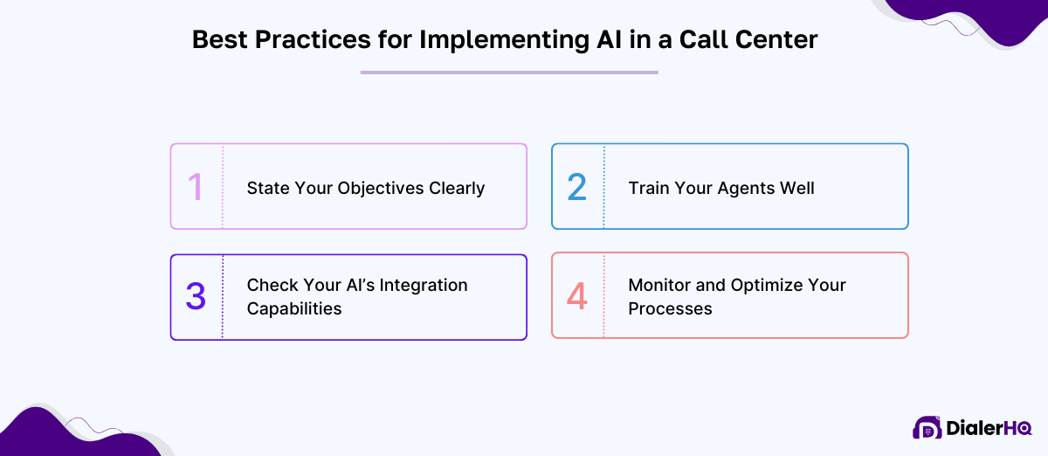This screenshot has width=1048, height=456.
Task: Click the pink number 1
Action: coord(196,187)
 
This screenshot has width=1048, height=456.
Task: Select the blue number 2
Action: coord(577,187)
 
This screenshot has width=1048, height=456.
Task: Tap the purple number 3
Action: coord(196,297)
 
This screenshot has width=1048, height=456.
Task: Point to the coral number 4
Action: coord(577,297)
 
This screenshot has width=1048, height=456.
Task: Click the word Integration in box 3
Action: coord(423,286)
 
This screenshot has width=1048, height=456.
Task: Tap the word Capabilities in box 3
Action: coord(294,308)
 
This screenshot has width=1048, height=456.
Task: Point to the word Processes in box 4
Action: coord(671,308)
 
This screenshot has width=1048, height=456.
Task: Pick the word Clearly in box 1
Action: coord(457,189)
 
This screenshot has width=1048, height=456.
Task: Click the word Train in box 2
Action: coord(650,189)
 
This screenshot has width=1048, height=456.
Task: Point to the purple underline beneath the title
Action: coord(509,73)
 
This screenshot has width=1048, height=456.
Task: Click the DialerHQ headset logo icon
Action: coord(927,427)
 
